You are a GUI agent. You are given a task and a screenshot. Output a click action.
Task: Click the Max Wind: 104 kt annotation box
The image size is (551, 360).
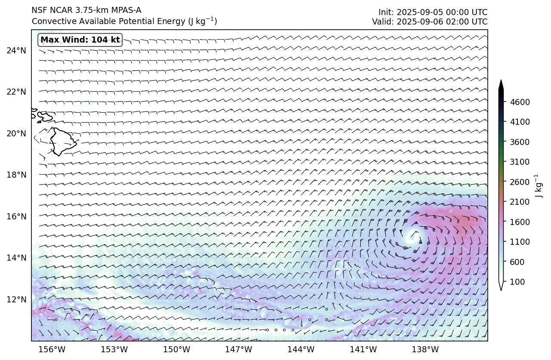tap(80, 40)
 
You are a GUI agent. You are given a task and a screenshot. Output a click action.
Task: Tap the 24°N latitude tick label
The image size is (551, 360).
tap(16, 51)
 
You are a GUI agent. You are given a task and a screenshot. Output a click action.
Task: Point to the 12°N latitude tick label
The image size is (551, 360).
tap(16, 299)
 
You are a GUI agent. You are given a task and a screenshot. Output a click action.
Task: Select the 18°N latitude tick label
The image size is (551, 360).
tap(16, 175)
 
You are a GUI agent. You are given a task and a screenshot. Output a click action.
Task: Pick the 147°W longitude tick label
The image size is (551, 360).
tap(239, 350)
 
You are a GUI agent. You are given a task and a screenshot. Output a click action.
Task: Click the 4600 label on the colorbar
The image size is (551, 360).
tap(520, 102)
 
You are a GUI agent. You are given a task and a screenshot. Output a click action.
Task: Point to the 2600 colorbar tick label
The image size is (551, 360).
tap(520, 182)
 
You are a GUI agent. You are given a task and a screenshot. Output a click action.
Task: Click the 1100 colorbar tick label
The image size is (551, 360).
tap(520, 242)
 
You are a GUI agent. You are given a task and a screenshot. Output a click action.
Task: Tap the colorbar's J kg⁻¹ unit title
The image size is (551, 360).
tap(537, 186)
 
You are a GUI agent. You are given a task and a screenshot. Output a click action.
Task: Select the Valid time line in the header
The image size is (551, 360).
tap(430, 22)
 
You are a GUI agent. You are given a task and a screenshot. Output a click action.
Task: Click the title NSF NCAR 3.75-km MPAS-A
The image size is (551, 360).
tap(86, 10)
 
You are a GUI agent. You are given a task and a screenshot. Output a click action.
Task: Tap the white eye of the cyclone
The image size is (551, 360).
tap(412, 236)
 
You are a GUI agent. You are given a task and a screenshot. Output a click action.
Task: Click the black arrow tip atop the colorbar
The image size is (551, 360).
tap(501, 83)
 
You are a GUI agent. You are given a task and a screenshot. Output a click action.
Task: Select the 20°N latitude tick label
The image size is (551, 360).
tap(16, 133)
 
